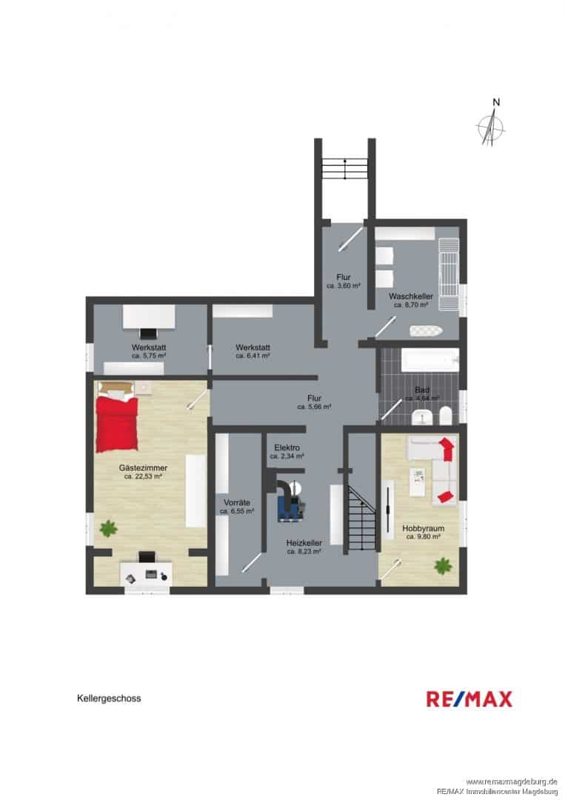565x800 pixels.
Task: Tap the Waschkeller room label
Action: [410, 296]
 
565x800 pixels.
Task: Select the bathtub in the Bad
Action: [430, 360]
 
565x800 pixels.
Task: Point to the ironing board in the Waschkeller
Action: [426, 330]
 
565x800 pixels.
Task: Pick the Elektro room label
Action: [287, 447]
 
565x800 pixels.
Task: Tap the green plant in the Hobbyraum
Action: [443, 565]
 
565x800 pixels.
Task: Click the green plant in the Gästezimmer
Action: [108, 529]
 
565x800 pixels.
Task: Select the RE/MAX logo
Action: [469, 699]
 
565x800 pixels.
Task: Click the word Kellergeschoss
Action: [109, 698]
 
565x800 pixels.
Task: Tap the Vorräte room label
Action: [237, 502]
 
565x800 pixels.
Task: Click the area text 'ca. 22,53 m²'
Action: [144, 476]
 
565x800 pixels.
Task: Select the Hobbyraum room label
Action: [424, 529]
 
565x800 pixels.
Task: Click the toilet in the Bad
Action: [444, 416]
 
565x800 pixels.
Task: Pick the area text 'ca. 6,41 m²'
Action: [253, 356]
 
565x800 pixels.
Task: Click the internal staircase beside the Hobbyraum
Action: [361, 517]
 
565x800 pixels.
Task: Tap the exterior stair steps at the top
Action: [345, 168]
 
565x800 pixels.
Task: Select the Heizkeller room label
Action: [304, 543]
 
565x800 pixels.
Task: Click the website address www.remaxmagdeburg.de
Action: [511, 781]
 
